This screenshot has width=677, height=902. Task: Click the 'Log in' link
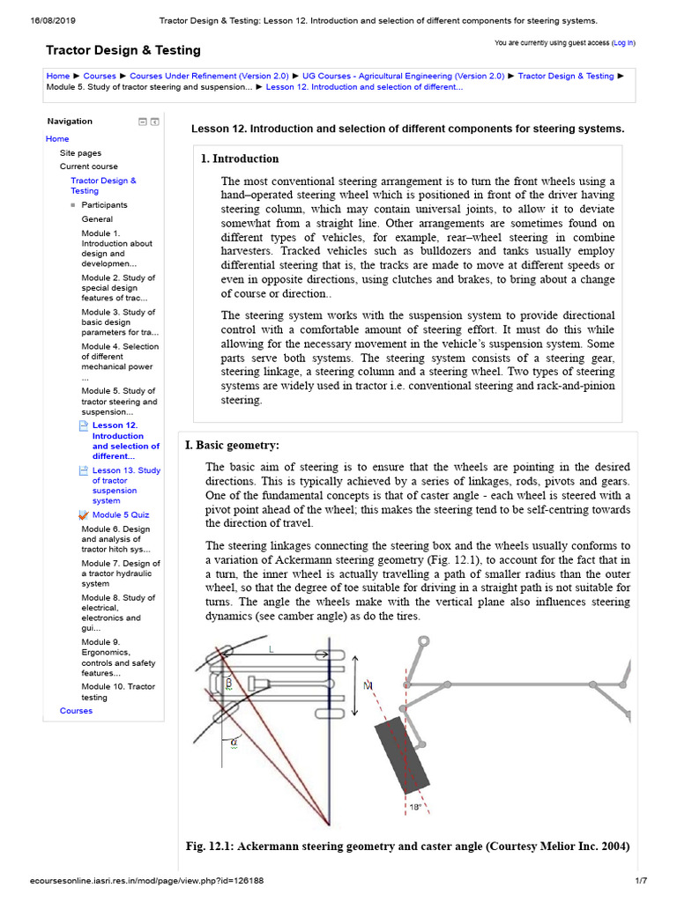[x=622, y=42]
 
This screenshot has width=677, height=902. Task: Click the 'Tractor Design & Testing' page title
[x=123, y=50]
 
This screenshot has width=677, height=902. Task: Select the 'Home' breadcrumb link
[x=57, y=77]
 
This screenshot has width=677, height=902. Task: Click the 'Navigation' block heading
[x=70, y=122]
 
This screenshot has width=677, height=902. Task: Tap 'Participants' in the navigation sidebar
[x=104, y=205]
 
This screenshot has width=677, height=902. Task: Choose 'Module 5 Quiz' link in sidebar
[x=121, y=515]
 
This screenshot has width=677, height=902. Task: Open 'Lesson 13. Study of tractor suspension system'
[x=126, y=485]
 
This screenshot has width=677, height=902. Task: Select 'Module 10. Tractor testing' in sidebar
[x=118, y=691]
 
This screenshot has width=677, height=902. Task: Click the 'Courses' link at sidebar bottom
[x=76, y=711]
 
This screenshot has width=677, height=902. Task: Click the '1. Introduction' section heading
[x=240, y=159]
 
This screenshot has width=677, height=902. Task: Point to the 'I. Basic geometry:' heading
[x=232, y=446]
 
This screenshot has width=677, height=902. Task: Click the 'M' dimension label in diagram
[x=368, y=684]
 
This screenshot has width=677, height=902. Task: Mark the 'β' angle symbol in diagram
[x=229, y=682]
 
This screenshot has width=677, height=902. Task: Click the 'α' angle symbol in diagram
[x=234, y=742]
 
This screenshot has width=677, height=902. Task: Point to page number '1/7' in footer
[x=641, y=880]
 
